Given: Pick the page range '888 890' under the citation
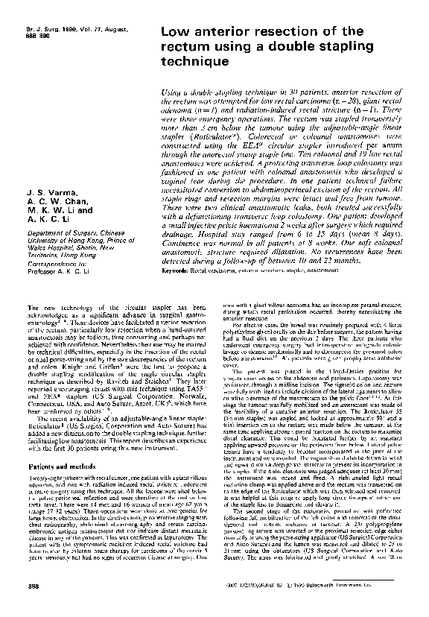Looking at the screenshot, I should point(27,34).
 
